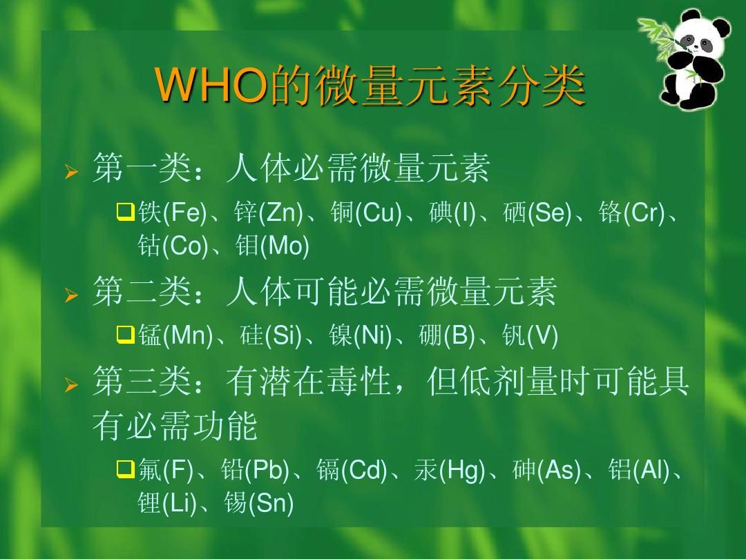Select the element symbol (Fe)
click(185, 213)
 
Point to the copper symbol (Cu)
click(379, 213)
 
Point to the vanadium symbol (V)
click(542, 337)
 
